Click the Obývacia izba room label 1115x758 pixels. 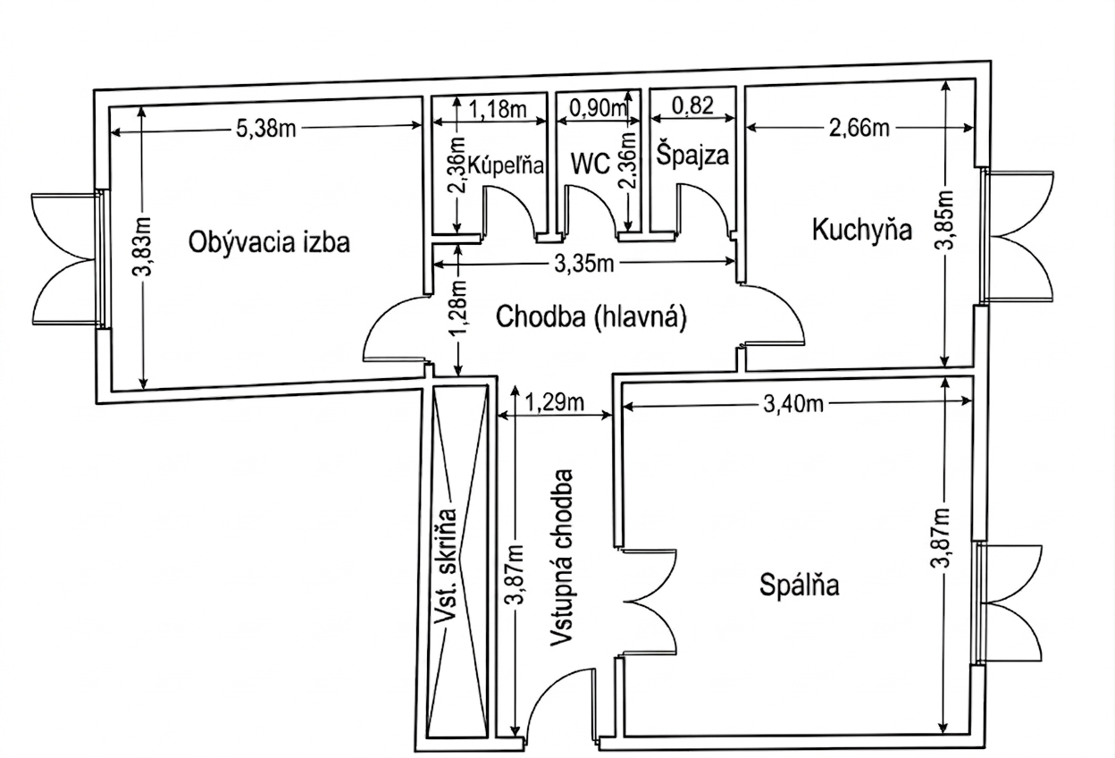269,241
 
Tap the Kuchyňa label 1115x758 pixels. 861,230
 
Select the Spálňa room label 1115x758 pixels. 800,585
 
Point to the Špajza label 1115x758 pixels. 692,155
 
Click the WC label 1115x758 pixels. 590,164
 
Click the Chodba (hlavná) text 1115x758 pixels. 591,317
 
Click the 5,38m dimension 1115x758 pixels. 265,129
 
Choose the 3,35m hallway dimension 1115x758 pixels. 585,263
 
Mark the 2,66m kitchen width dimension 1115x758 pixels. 859,129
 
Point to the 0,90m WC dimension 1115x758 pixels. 599,108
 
